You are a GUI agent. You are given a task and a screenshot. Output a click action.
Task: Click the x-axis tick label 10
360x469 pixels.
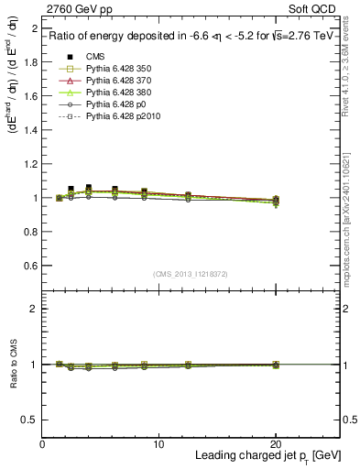click(158, 443)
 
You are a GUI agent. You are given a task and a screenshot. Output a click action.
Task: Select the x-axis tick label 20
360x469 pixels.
click(276, 443)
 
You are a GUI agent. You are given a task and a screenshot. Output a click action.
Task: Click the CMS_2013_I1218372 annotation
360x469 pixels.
click(191, 275)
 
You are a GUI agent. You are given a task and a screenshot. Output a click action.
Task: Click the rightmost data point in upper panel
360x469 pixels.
click(276, 200)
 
